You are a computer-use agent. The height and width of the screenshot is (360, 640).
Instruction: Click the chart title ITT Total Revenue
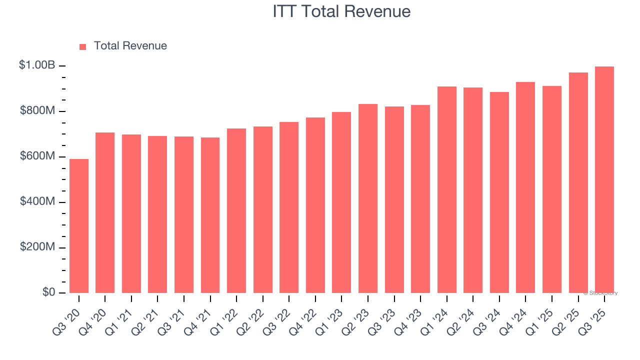pyautogui.click(x=341, y=11)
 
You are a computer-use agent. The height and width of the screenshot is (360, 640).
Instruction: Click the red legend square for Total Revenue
pyautogui.click(x=83, y=46)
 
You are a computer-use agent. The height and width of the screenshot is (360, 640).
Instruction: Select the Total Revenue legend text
pyautogui.click(x=130, y=46)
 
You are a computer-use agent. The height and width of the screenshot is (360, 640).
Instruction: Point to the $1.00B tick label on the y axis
pyautogui.click(x=37, y=65)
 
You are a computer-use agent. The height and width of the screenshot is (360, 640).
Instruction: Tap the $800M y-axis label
pyautogui.click(x=38, y=110)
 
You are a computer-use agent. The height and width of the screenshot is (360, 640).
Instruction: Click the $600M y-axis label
pyautogui.click(x=38, y=156)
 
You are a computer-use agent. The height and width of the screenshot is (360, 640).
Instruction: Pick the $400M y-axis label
pyautogui.click(x=38, y=201)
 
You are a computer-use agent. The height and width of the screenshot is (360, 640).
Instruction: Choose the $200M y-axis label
pyautogui.click(x=38, y=247)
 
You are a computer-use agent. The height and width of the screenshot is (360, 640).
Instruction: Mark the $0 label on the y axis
pyautogui.click(x=48, y=292)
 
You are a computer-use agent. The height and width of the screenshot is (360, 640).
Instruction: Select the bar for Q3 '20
pyautogui.click(x=79, y=226)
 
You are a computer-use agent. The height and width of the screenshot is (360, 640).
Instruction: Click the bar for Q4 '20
pyautogui.click(x=105, y=213)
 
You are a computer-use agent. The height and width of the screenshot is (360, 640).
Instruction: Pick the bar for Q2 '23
pyautogui.click(x=368, y=198)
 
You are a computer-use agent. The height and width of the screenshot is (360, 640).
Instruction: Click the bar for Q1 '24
pyautogui.click(x=446, y=190)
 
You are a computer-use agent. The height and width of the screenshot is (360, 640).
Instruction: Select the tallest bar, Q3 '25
pyautogui.click(x=604, y=180)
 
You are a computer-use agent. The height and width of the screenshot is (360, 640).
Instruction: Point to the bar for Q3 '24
pyautogui.click(x=499, y=192)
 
